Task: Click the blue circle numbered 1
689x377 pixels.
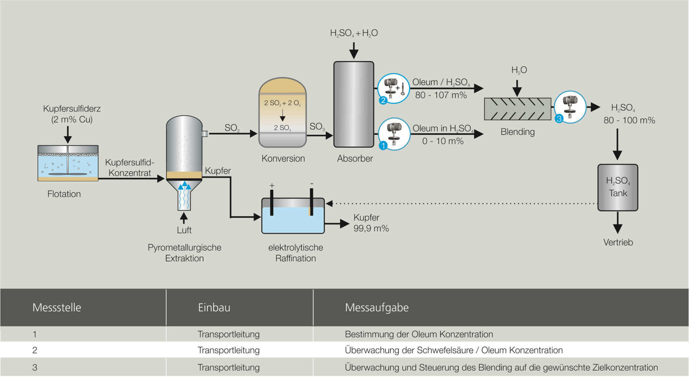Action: click(x=383, y=146)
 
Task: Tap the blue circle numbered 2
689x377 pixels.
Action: click(x=383, y=100)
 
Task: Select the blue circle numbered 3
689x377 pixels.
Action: click(x=559, y=119)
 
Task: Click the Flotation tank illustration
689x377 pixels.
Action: click(x=68, y=163)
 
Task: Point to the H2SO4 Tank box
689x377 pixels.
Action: click(x=618, y=188)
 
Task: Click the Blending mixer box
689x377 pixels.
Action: click(x=517, y=109)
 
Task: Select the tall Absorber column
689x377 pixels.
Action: click(x=354, y=104)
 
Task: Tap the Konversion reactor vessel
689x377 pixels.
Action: click(x=283, y=113)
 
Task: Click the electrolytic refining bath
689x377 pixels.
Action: click(x=293, y=216)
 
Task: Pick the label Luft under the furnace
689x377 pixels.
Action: click(x=184, y=230)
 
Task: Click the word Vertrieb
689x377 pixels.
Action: click(x=618, y=243)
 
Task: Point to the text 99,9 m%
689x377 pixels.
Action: click(x=371, y=229)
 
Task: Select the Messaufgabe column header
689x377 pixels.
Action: click(x=377, y=308)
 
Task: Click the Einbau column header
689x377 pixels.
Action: click(x=214, y=308)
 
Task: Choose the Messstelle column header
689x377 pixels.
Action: click(x=57, y=308)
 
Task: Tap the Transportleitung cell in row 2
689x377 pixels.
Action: click(x=228, y=350)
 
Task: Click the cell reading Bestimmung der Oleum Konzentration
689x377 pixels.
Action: click(x=419, y=334)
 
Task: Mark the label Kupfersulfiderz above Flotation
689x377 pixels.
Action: click(x=72, y=109)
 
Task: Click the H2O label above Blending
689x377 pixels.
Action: click(x=519, y=70)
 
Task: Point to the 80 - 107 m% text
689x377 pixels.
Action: click(x=441, y=95)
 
